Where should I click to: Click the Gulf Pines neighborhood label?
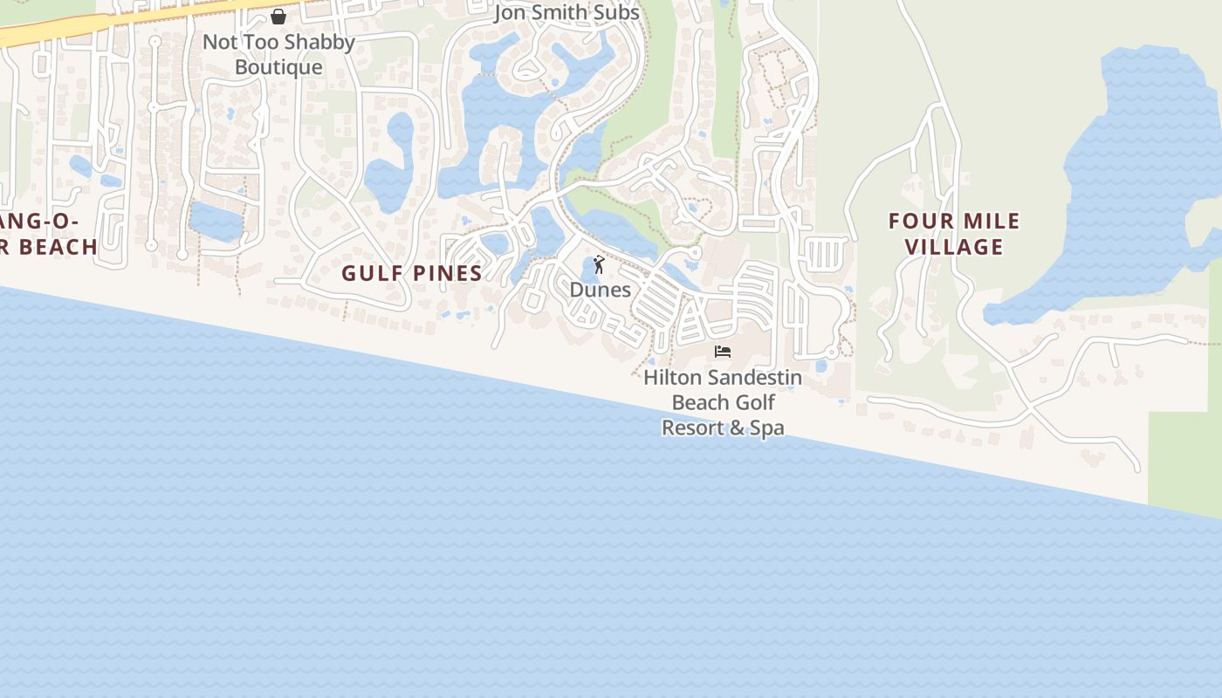411,273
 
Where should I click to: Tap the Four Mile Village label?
954,234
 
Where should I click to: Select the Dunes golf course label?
600,290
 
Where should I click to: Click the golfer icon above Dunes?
599,264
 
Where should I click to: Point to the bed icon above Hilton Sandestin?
722,352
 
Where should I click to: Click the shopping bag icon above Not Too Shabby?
278,17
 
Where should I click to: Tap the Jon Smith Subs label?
566,13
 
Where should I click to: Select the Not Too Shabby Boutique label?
278,54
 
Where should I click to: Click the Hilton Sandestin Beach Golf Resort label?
723,402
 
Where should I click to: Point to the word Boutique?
278,67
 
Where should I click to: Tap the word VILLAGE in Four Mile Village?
954,247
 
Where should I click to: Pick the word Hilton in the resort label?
672,378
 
